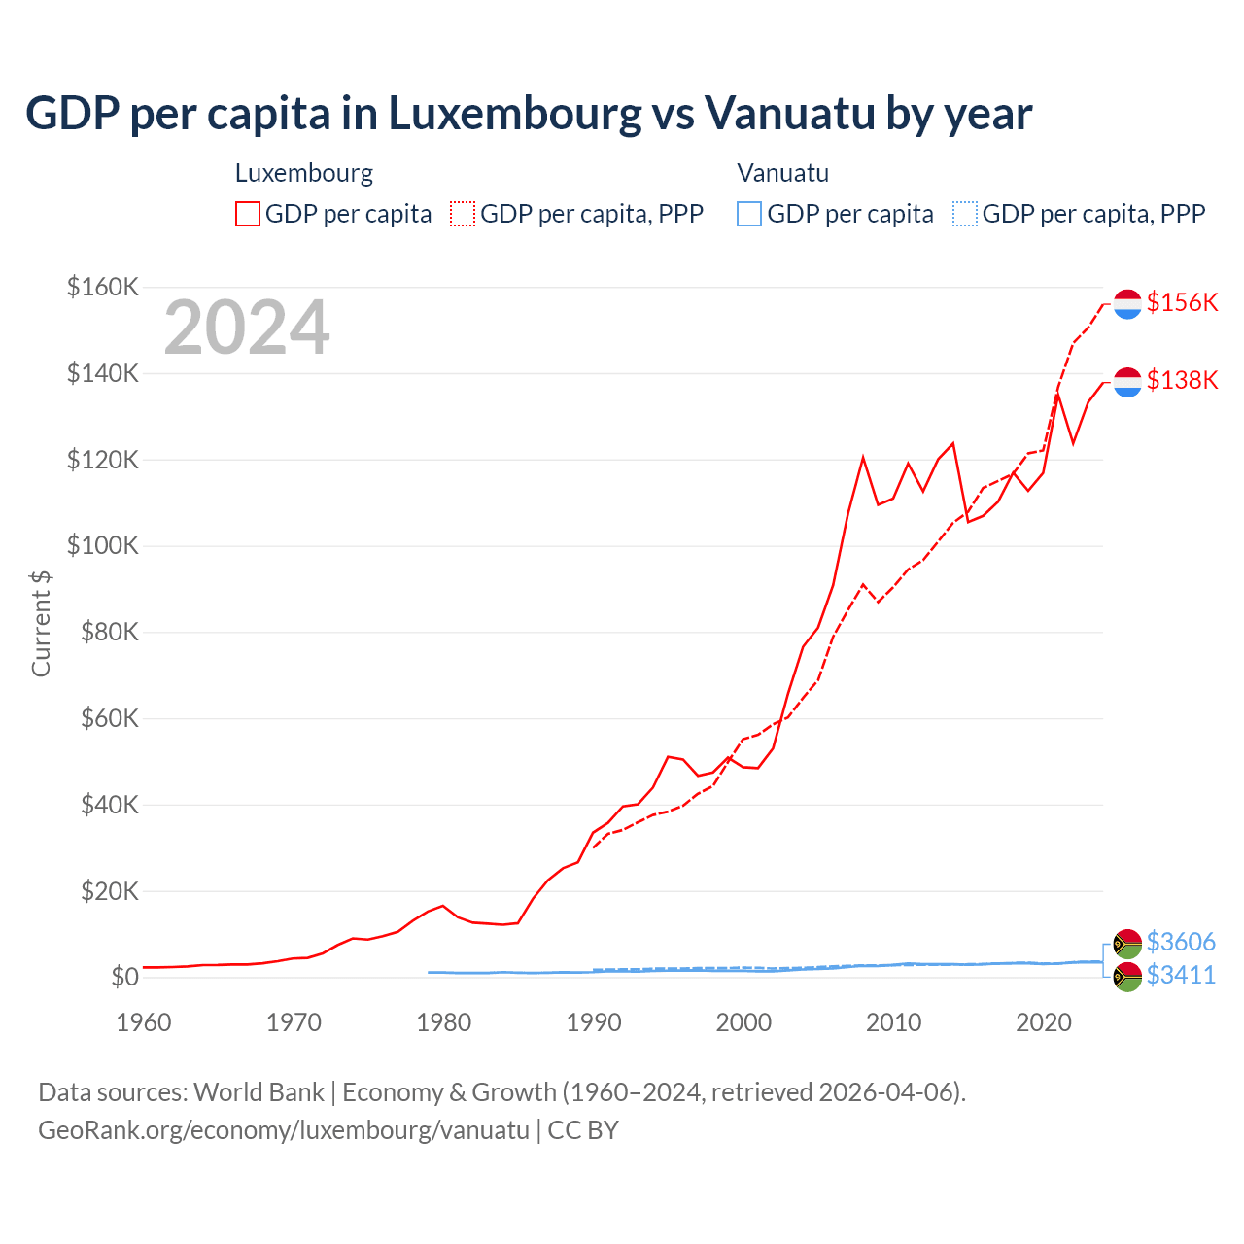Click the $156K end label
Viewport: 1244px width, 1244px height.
pyautogui.click(x=1182, y=302)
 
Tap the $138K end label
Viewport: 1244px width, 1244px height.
pyautogui.click(x=1182, y=380)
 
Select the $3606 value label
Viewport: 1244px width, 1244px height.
pyautogui.click(x=1181, y=942)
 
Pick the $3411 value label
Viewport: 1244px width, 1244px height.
pyautogui.click(x=1181, y=975)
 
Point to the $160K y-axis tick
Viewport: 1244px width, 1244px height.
pyautogui.click(x=103, y=287)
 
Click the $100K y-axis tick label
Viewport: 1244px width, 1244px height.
pyautogui.click(x=103, y=545)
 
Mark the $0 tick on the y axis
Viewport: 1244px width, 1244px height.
pyautogui.click(x=124, y=977)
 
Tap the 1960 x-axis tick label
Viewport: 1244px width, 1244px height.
pyautogui.click(x=144, y=1022)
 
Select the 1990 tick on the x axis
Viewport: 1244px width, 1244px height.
pyautogui.click(x=594, y=1022)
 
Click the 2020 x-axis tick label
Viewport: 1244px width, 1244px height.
pyautogui.click(x=1044, y=1022)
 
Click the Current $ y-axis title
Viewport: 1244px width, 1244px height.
pyautogui.click(x=41, y=624)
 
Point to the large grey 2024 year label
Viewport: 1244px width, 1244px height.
pyautogui.click(x=247, y=328)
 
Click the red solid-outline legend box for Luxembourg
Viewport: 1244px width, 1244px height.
pyautogui.click(x=248, y=214)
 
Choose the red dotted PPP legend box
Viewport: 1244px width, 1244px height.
pyautogui.click(x=463, y=214)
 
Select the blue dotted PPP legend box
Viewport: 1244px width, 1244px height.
pyautogui.click(x=965, y=214)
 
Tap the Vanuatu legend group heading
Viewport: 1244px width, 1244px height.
pyautogui.click(x=783, y=173)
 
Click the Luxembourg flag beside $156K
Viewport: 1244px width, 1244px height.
pyautogui.click(x=1127, y=304)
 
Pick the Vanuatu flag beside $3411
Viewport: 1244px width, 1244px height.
pyautogui.click(x=1127, y=977)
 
